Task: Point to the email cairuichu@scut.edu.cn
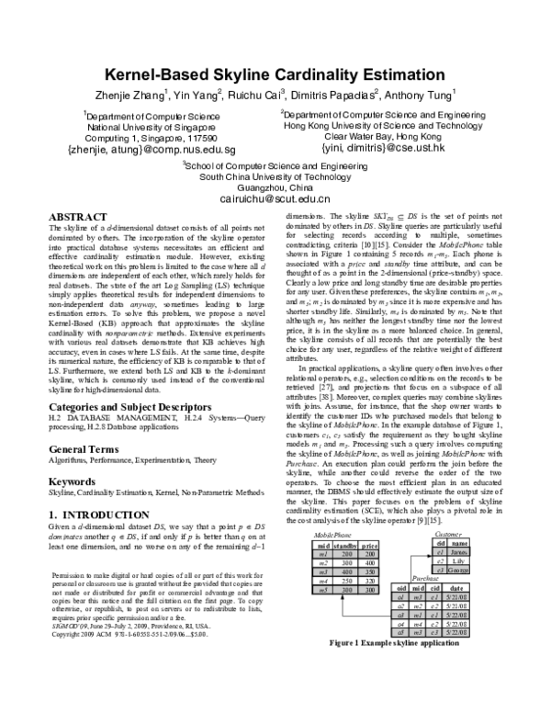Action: [275, 198]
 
